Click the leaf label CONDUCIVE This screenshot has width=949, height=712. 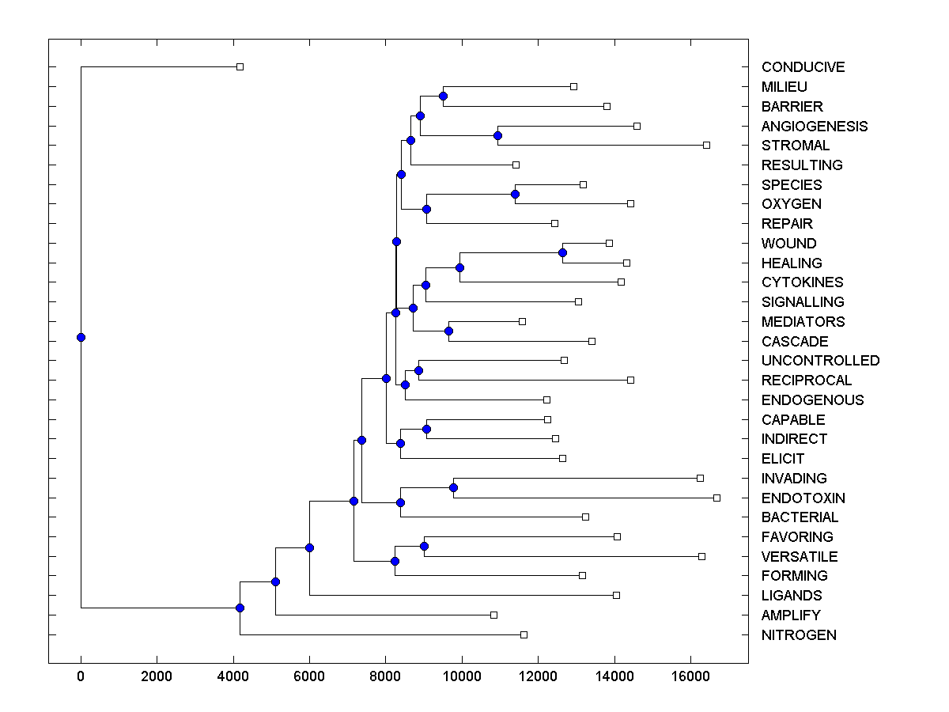803,67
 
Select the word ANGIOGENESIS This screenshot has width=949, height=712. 814,126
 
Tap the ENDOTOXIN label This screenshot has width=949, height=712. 803,498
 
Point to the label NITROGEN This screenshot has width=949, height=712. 798,635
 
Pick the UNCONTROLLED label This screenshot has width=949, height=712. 820,361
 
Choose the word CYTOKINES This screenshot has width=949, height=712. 802,282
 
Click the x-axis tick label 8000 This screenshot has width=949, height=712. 385,677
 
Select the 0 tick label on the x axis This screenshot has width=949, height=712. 81,677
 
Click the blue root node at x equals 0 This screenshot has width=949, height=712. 81,337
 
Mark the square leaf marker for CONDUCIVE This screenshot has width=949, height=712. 240,67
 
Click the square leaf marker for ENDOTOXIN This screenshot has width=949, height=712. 716,498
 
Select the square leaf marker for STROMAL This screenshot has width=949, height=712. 706,145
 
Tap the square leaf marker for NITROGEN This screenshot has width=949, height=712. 524,634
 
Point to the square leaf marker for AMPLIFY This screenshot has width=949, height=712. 493,615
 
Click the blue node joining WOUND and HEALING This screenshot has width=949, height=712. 562,253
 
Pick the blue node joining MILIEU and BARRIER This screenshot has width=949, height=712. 443,96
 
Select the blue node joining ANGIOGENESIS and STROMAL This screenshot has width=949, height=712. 497,135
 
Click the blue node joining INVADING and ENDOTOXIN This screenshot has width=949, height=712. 453,487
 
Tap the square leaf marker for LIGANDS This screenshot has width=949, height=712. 616,595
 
